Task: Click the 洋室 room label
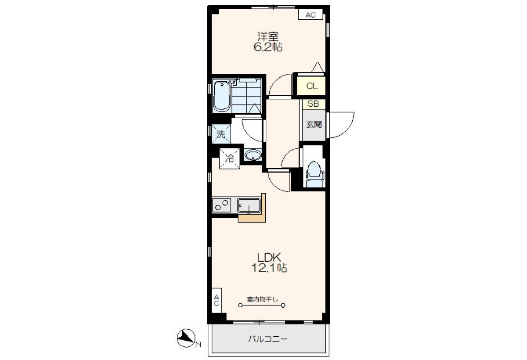click(x=268, y=36)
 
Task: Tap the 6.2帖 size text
click(x=268, y=47)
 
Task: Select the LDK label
click(x=269, y=258)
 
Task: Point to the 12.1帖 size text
click(x=269, y=268)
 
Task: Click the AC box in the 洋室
click(x=310, y=15)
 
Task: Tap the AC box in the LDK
click(x=217, y=300)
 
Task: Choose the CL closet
click(x=311, y=86)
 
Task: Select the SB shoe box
click(x=314, y=104)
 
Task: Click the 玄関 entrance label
click(x=314, y=124)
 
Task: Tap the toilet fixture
click(x=314, y=174)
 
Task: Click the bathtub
click(x=221, y=97)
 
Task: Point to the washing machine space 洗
click(x=221, y=134)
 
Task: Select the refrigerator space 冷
click(x=230, y=158)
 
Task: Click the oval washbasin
click(x=253, y=155)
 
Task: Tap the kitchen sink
click(x=249, y=206)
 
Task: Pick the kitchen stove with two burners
click(x=221, y=205)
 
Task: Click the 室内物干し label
click(x=262, y=299)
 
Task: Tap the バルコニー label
click(x=268, y=339)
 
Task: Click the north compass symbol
click(x=186, y=338)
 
